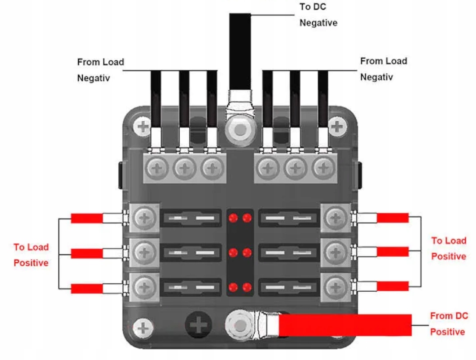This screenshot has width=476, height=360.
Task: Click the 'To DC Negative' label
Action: coord(318,15)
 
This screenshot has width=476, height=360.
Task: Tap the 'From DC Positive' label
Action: coord(448,324)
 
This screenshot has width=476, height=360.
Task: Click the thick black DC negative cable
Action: coord(240,48)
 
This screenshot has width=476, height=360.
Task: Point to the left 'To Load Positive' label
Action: coord(31,255)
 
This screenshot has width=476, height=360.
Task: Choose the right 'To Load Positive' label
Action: coord(448,248)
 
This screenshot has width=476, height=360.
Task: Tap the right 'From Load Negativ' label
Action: coord(384,69)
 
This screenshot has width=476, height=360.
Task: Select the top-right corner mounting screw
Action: coord(336,127)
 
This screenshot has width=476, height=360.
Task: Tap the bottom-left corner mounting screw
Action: coord(142,327)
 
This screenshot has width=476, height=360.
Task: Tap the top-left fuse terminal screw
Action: coord(143,216)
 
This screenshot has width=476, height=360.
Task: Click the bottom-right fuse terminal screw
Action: coord(336,287)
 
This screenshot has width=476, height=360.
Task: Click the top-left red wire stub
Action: coord(87,218)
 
